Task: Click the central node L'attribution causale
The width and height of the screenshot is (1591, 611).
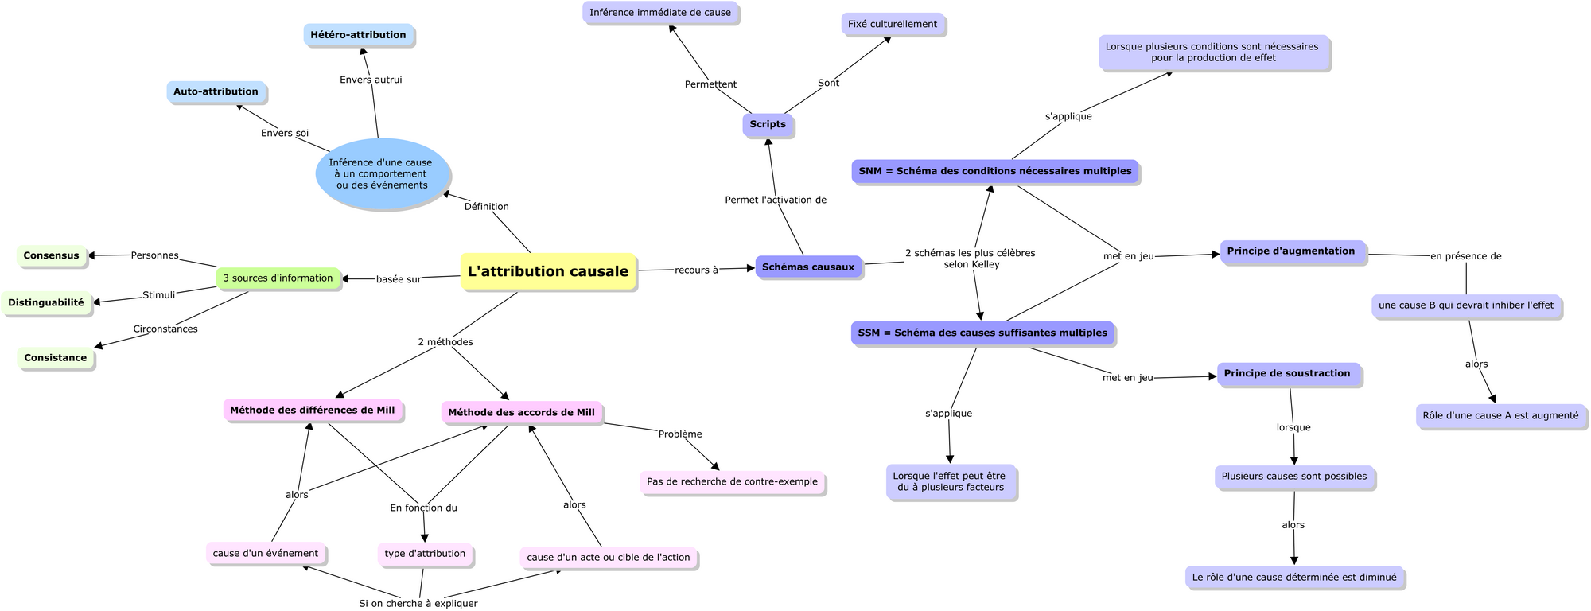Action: [548, 271]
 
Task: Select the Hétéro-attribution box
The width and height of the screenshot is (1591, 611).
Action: [358, 35]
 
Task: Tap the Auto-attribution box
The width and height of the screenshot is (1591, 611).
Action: [216, 91]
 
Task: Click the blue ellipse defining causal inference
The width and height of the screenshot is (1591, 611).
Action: [383, 174]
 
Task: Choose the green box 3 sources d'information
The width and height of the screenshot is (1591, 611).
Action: [278, 278]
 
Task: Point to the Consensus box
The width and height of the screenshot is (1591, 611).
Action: [51, 255]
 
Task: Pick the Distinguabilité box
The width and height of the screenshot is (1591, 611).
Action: [45, 303]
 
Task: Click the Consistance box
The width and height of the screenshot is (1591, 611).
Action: [55, 358]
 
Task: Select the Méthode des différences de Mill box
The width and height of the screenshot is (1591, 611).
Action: [313, 411]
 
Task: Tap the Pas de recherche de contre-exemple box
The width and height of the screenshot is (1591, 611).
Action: [732, 482]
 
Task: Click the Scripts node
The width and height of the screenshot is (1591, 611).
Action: [768, 124]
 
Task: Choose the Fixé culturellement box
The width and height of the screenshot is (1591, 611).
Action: [893, 24]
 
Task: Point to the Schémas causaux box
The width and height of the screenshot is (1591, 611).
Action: [808, 267]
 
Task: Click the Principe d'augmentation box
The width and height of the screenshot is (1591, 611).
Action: [1291, 251]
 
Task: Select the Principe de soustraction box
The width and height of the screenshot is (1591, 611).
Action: [1287, 374]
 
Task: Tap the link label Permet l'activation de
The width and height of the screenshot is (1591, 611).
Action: [776, 200]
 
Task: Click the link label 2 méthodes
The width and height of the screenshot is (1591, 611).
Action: [445, 342]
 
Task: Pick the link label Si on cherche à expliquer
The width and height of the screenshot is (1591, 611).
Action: [418, 603]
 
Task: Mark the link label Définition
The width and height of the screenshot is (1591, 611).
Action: [486, 207]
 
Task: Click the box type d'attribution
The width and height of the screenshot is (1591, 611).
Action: [425, 554]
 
